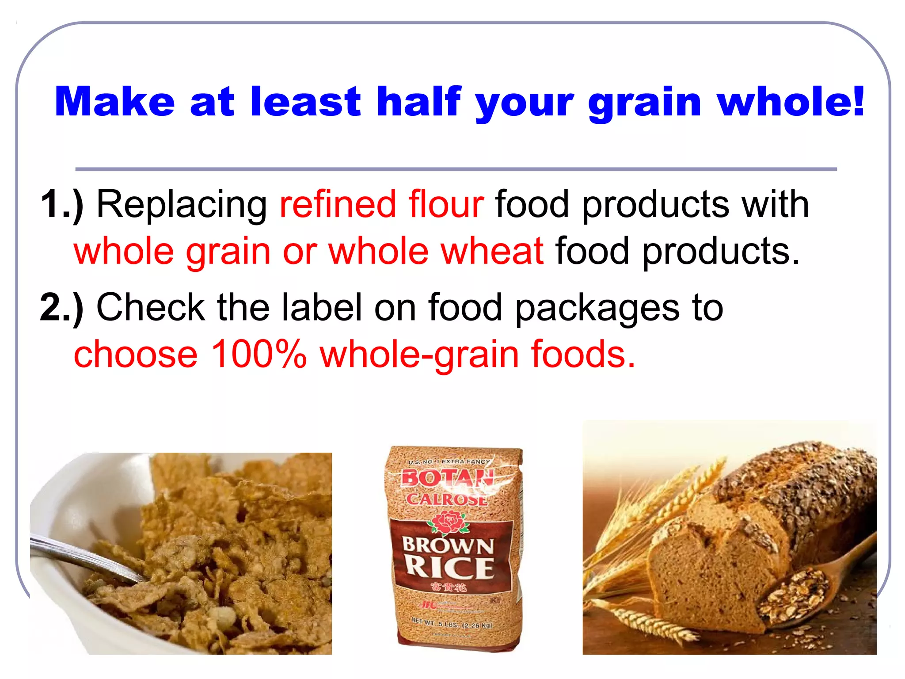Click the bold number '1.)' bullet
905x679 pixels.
(62, 204)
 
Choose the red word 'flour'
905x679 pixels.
(446, 204)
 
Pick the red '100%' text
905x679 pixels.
(259, 354)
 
